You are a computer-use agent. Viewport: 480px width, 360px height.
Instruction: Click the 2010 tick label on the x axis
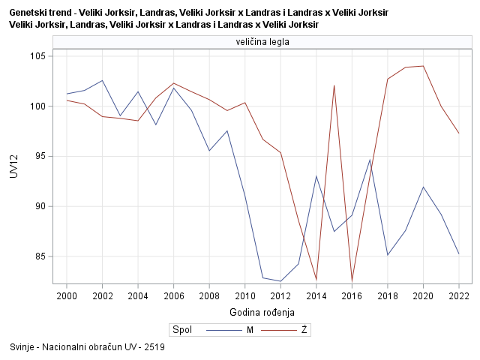tap(245, 295)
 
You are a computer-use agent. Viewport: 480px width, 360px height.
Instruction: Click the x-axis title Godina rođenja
tap(262, 312)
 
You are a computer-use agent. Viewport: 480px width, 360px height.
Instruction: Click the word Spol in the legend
tap(181, 329)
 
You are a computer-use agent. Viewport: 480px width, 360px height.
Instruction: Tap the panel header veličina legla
tap(262, 43)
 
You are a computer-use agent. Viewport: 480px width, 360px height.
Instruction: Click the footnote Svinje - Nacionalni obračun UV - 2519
tap(88, 347)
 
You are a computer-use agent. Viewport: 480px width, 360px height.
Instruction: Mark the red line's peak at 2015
tap(334, 85)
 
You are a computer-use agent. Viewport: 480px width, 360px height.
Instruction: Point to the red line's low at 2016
tap(352, 280)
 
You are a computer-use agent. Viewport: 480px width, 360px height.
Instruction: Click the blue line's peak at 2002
tap(103, 80)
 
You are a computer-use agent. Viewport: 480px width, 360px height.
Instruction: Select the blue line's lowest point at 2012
tap(280, 281)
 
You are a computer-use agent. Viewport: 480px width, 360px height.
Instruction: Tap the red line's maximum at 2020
tap(423, 66)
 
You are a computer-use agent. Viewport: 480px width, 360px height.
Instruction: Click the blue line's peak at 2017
tap(370, 160)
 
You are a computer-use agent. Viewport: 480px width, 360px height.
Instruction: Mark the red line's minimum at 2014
tap(316, 280)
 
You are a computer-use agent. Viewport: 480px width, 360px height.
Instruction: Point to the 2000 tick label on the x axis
tap(67, 295)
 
